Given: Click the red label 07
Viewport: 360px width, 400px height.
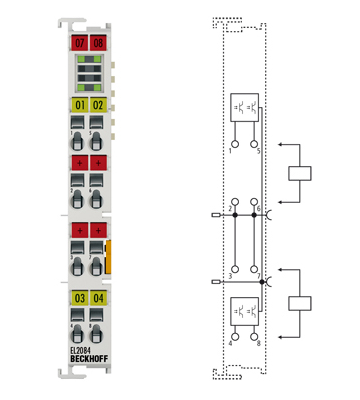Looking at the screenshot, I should (x=80, y=44).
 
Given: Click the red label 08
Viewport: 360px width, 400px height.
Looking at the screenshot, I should (x=98, y=44).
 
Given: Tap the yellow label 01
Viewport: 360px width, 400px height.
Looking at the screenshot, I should (x=80, y=104).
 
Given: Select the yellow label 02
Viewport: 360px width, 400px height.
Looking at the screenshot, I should (x=98, y=104).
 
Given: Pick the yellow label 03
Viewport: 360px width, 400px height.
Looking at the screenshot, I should (x=80, y=298).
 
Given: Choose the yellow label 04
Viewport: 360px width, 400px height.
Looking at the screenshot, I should (x=98, y=298).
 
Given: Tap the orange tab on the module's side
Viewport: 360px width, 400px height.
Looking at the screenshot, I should (x=109, y=254).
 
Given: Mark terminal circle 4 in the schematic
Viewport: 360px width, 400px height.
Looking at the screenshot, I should (x=234, y=337).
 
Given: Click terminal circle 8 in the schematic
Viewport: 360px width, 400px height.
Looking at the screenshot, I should (x=260, y=337).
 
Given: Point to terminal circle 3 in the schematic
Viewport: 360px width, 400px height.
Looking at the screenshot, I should (x=234, y=270).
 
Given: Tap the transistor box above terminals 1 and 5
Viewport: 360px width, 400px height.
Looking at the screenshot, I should (x=246, y=105).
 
